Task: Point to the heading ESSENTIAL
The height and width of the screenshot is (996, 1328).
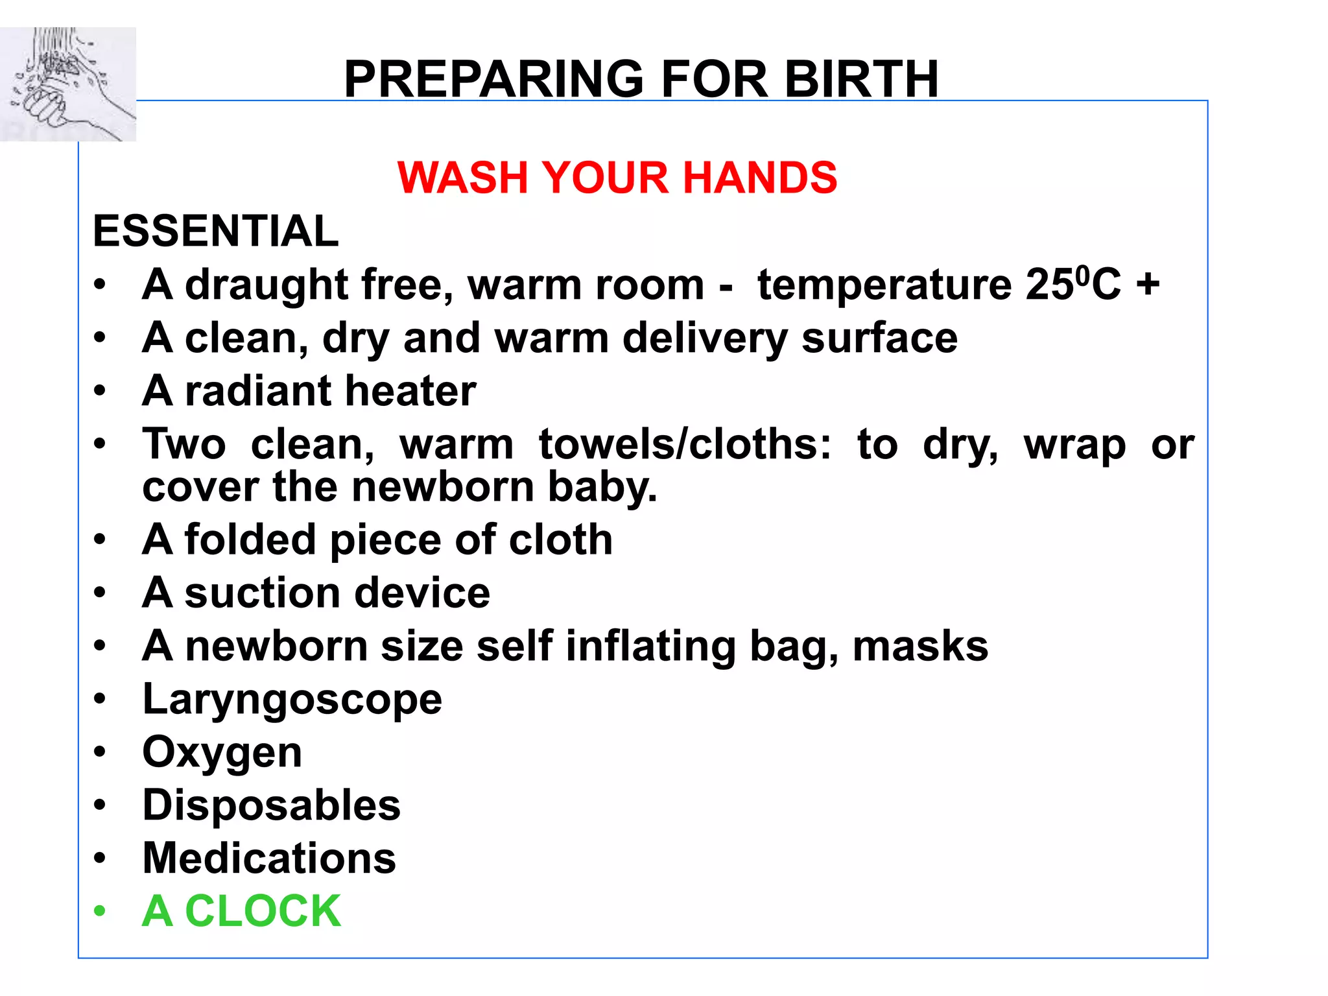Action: (215, 231)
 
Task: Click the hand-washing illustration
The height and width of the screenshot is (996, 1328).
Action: (67, 84)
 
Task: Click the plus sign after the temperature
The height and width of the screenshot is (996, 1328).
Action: (1147, 285)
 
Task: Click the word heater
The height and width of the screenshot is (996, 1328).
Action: (410, 391)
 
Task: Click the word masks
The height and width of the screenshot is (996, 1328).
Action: (920, 646)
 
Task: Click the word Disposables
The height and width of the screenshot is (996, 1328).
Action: (271, 805)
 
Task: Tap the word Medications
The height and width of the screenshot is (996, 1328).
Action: (269, 859)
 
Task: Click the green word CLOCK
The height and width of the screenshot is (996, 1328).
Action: (263, 912)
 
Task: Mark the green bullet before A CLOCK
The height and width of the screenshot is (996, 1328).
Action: (99, 912)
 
